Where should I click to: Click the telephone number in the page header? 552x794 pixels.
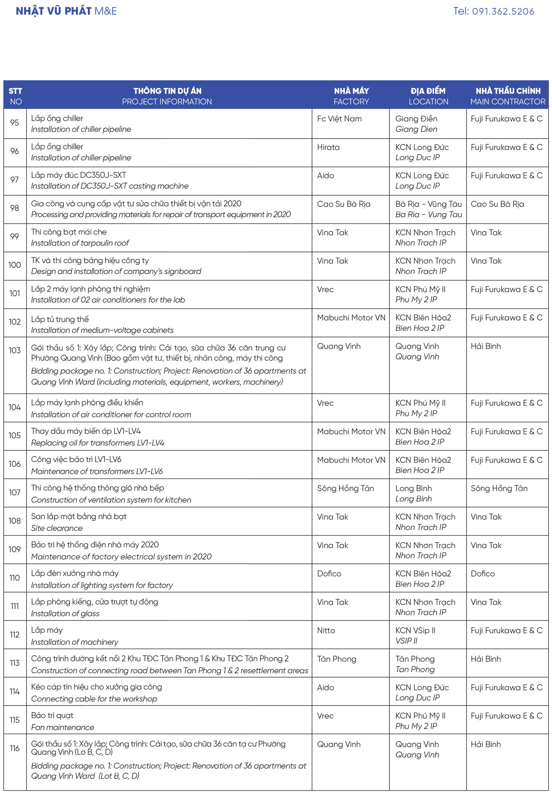click(493, 11)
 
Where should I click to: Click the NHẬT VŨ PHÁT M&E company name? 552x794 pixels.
click(66, 11)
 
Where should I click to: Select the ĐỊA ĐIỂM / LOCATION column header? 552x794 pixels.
click(428, 96)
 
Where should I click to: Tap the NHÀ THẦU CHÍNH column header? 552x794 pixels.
click(508, 96)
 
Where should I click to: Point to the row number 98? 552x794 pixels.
click(15, 208)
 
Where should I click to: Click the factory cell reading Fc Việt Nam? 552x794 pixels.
click(339, 119)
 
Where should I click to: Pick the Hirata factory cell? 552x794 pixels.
click(328, 147)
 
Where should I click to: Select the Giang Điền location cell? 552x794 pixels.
click(416, 124)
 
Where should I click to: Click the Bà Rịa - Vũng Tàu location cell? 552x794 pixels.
click(428, 209)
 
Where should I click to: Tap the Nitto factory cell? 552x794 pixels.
click(326, 631)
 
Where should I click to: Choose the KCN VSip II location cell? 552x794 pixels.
click(415, 635)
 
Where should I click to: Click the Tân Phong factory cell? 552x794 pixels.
click(337, 659)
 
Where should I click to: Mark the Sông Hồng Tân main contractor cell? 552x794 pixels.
click(499, 488)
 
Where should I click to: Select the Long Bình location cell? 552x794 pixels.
click(414, 493)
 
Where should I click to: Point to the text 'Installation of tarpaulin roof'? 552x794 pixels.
click(80, 243)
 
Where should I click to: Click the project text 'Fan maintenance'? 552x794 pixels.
click(63, 727)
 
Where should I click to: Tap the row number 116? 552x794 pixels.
click(15, 748)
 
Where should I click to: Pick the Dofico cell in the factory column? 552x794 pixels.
click(329, 574)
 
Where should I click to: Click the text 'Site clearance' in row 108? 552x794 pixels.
click(57, 528)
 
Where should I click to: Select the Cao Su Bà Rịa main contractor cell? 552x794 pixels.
click(497, 204)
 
